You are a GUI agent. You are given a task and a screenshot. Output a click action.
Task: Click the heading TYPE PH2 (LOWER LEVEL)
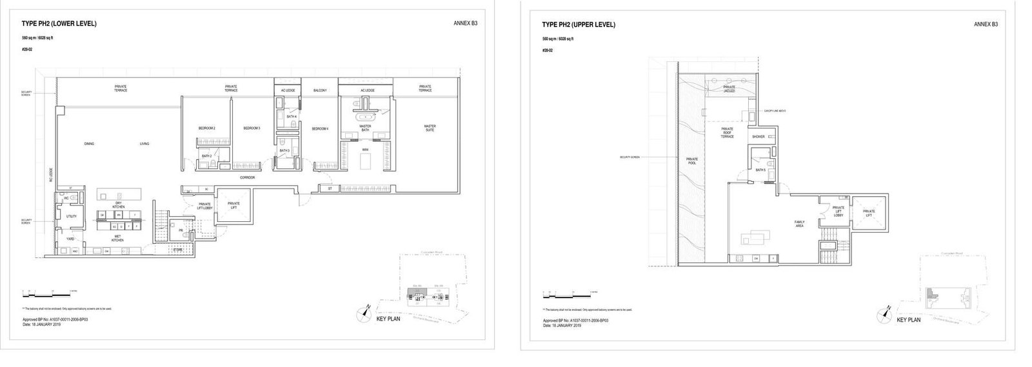pyautogui.click(x=59, y=24)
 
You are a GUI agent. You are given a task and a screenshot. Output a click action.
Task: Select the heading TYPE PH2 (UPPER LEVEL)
pyautogui.click(x=579, y=25)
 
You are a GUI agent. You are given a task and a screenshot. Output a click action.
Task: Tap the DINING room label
pyautogui.click(x=89, y=143)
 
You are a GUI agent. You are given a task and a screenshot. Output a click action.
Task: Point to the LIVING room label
pyautogui.click(x=144, y=143)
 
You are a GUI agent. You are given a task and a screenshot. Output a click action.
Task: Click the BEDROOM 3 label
pyautogui.click(x=252, y=128)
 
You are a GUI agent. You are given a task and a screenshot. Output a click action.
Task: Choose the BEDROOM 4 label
pyautogui.click(x=321, y=128)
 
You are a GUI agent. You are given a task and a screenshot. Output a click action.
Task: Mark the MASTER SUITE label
pyautogui.click(x=430, y=128)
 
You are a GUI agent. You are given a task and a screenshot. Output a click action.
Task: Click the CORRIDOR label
pyautogui.click(x=247, y=177)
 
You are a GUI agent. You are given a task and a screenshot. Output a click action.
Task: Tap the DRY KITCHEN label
pyautogui.click(x=119, y=205)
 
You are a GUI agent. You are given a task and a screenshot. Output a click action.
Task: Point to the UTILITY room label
pyautogui.click(x=71, y=216)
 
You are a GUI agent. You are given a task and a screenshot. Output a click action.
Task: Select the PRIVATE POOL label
pyautogui.click(x=691, y=161)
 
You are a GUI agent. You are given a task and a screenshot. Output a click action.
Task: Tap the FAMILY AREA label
pyautogui.click(x=799, y=223)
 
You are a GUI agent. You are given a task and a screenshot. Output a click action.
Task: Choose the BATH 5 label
pyautogui.click(x=760, y=170)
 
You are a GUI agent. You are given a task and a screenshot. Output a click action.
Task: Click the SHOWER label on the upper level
pyautogui.click(x=758, y=137)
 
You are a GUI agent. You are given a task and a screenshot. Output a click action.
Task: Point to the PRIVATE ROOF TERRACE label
pyautogui.click(x=728, y=133)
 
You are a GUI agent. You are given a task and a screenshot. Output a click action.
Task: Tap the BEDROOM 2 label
pyautogui.click(x=207, y=128)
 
